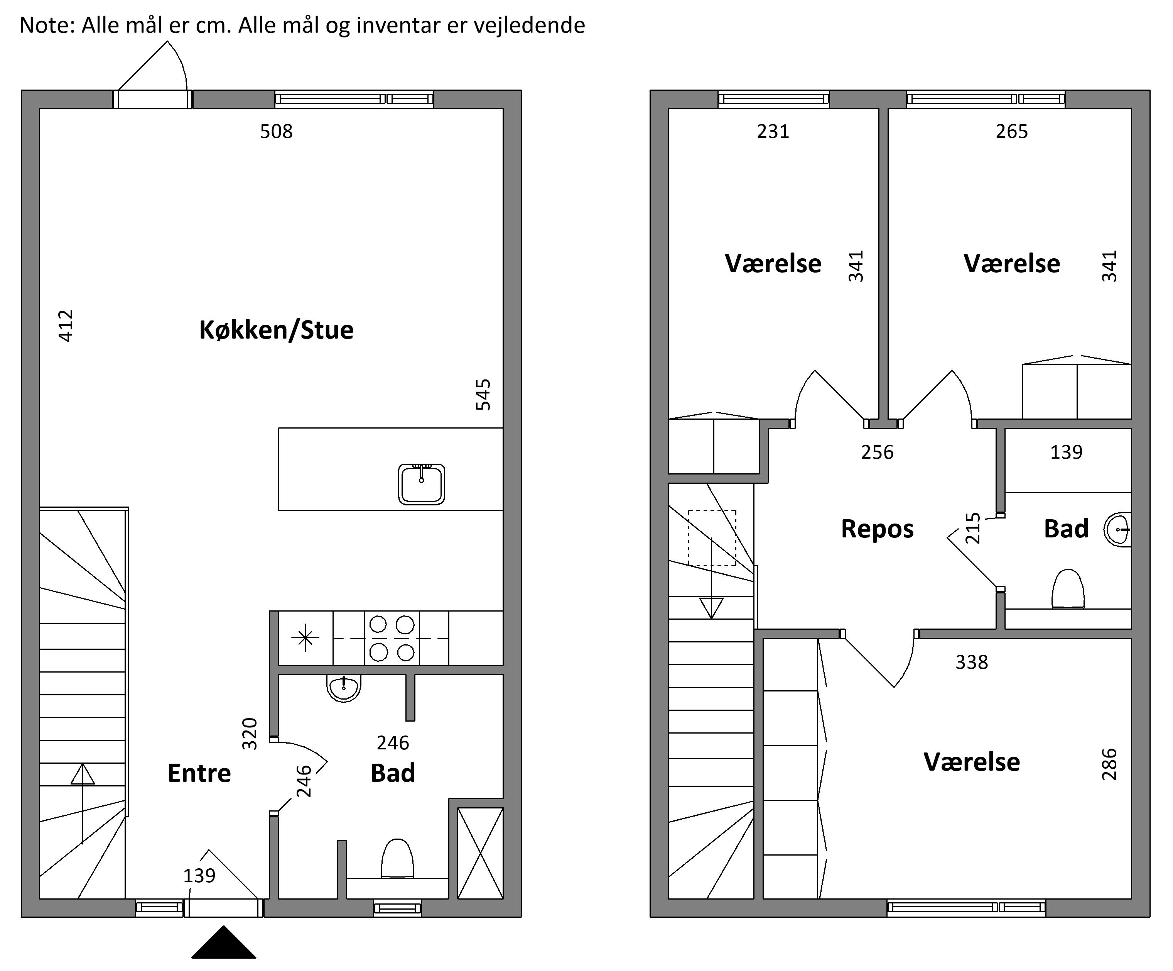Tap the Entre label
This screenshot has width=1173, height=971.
coord(199,773)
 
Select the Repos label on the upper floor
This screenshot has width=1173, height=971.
coord(877,529)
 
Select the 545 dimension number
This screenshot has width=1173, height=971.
coord(483,395)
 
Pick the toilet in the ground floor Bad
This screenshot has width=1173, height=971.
coord(397,858)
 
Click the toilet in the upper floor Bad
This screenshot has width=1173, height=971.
coord(1068,589)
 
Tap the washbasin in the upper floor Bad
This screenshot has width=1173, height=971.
coord(1118,529)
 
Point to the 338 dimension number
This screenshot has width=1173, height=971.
coord(972,663)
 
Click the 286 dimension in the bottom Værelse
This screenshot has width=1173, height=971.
coord(1109,764)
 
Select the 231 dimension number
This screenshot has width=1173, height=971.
coord(773,131)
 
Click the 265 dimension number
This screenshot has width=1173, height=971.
coord(1012,131)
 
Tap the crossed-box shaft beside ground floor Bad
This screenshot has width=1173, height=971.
coord(480,853)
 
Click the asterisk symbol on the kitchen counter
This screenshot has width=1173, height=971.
coord(305,638)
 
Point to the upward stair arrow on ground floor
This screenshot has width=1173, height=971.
coord(83,803)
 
